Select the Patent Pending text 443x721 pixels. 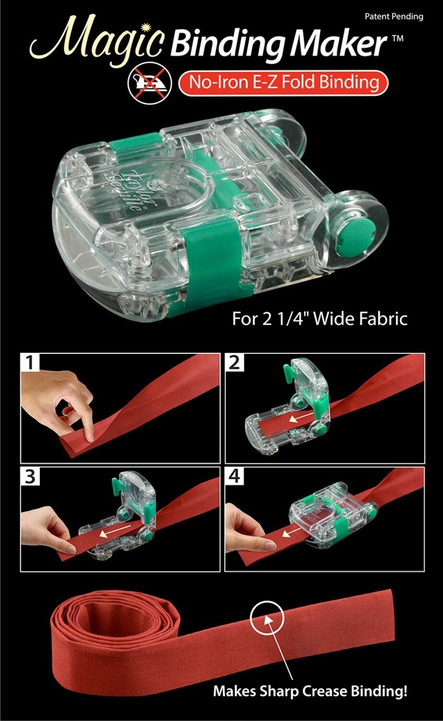[394, 16]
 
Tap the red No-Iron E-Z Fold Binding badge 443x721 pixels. [283, 82]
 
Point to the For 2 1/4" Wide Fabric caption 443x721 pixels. [320, 319]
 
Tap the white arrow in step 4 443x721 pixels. [288, 533]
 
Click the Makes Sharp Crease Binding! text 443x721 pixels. [310, 692]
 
